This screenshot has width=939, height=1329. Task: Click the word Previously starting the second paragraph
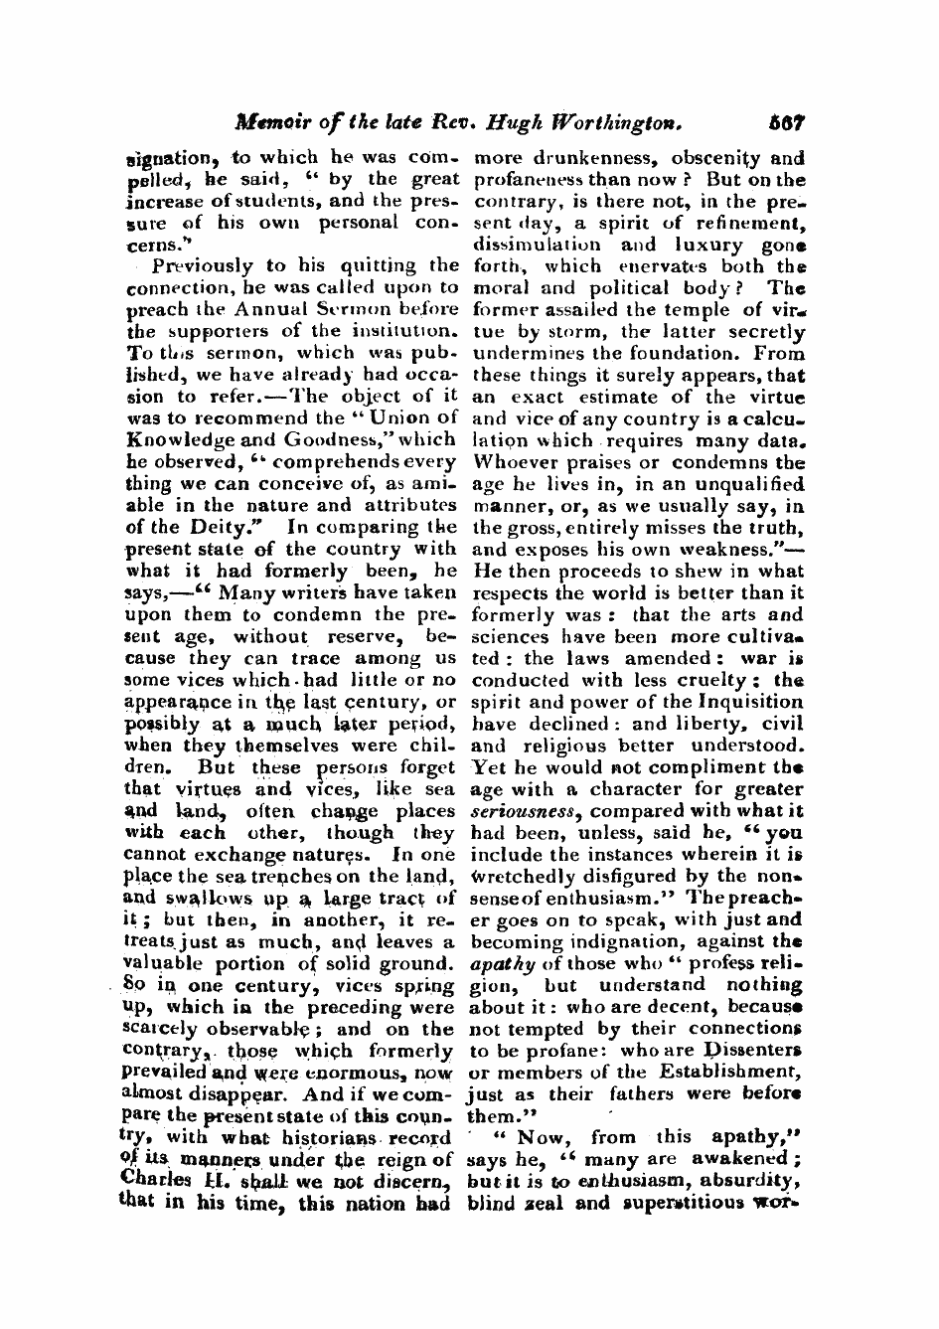click(x=202, y=265)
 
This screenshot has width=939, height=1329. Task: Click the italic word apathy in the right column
click(x=502, y=964)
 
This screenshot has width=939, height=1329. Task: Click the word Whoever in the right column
click(x=511, y=461)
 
